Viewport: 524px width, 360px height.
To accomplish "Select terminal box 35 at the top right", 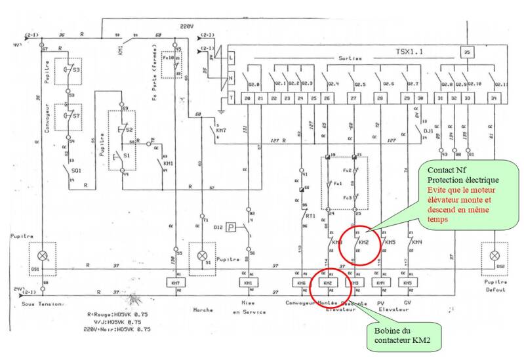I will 467,50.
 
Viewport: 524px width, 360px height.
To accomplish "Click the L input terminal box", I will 231,58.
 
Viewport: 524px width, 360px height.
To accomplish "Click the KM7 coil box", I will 174,282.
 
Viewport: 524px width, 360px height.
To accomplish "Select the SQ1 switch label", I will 76,170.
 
